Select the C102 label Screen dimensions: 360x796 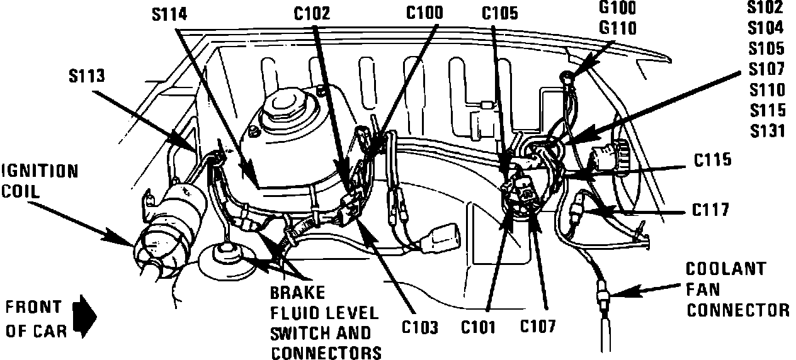[x=312, y=13]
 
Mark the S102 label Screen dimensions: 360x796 [x=765, y=8]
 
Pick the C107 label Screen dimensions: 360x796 [x=537, y=327]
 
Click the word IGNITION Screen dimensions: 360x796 [x=39, y=171]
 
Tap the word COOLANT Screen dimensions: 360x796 [x=725, y=269]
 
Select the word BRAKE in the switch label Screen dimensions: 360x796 [x=298, y=293]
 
